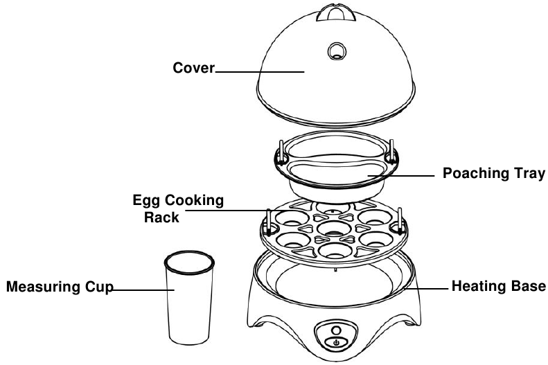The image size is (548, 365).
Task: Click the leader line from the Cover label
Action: tap(260, 71)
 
